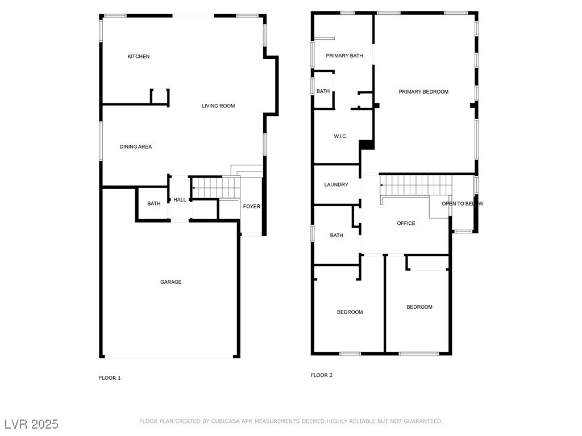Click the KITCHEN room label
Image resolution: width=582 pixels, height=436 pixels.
tap(139, 56)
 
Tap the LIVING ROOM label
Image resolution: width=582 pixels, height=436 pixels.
tap(218, 106)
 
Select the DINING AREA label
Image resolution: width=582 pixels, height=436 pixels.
tap(135, 146)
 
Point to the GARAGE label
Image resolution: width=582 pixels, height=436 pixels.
tap(171, 282)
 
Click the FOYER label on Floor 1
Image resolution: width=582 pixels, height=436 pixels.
tap(252, 206)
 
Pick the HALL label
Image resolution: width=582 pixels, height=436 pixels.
tap(180, 199)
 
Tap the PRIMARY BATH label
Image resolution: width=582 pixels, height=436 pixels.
tap(344, 56)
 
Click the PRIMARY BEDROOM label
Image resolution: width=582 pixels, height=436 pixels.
tap(423, 91)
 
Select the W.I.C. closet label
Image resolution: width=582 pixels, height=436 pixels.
tap(340, 136)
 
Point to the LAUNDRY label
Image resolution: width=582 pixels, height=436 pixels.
tap(336, 185)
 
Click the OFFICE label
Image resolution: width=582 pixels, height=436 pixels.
tap(406, 223)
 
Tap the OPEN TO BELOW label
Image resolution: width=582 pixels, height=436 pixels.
tap(463, 204)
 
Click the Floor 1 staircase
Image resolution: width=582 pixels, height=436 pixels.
tap(216, 187)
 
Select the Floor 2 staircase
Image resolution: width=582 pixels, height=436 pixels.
tap(416, 185)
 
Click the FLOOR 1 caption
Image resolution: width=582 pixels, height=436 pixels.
tap(110, 378)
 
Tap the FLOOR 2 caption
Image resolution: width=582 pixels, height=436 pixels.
tap(322, 375)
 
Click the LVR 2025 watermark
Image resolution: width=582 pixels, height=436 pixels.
tap(32, 424)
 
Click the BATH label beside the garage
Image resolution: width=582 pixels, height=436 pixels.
tap(153, 203)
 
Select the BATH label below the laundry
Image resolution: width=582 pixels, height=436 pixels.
tap(336, 235)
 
